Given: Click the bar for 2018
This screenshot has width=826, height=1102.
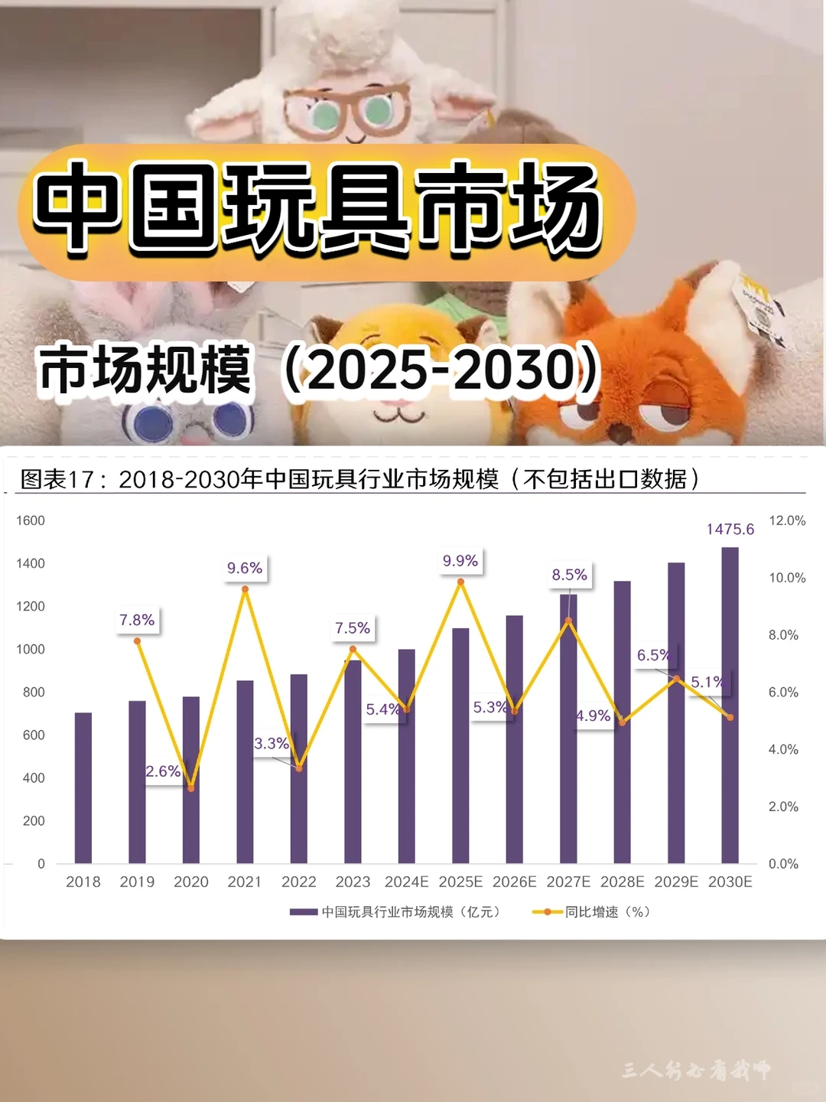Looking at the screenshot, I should pos(83,788).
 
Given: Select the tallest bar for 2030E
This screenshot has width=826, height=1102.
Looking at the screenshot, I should pos(730,704).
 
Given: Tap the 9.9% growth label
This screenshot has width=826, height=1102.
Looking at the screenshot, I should pos(460,561).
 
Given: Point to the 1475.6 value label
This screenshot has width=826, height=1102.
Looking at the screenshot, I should pos(730,529).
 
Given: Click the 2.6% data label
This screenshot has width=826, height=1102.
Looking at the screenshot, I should pos(163,771).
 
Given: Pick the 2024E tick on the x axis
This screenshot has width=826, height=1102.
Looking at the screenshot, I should pos(406,882).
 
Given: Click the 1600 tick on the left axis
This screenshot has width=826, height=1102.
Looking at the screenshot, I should pos(31,520).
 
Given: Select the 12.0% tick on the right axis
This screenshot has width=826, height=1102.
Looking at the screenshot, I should pos(787,520).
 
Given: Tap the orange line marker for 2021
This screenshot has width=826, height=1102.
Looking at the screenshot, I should pos(245,589).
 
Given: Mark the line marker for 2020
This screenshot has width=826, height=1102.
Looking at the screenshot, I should pos(191,788).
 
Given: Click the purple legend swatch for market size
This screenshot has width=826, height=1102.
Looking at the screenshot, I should pos(304,911).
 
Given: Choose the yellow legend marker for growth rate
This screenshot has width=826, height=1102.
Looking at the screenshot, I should pos(548,911).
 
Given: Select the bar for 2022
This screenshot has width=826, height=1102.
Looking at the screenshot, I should pos(299,768).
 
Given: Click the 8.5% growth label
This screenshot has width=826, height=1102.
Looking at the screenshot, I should pos(570,575).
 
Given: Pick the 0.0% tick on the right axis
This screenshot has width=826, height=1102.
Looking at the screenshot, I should pos(783,863).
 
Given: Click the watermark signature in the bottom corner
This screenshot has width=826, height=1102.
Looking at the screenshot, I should pos(696,1070).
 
